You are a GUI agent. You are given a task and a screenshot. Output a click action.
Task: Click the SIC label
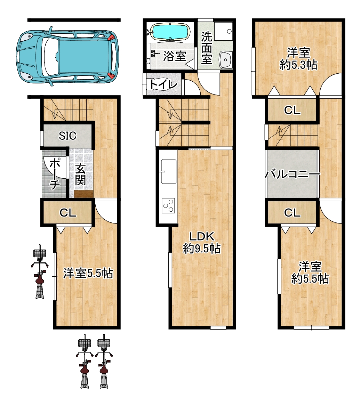(67, 136)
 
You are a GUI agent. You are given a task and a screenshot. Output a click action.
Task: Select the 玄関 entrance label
(81, 174)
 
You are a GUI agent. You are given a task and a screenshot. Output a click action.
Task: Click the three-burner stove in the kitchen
(168, 205)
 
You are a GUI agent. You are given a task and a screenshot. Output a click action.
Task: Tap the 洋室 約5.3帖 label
(298, 59)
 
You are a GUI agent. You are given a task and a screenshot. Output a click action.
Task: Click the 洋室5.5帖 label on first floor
(88, 274)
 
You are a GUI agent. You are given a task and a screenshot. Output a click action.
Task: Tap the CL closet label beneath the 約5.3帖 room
(292, 110)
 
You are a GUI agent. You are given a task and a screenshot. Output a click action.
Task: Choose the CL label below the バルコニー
(292, 213)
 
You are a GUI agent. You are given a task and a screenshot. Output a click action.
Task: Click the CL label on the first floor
(67, 213)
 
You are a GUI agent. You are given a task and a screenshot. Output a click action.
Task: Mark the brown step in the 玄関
(83, 194)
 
